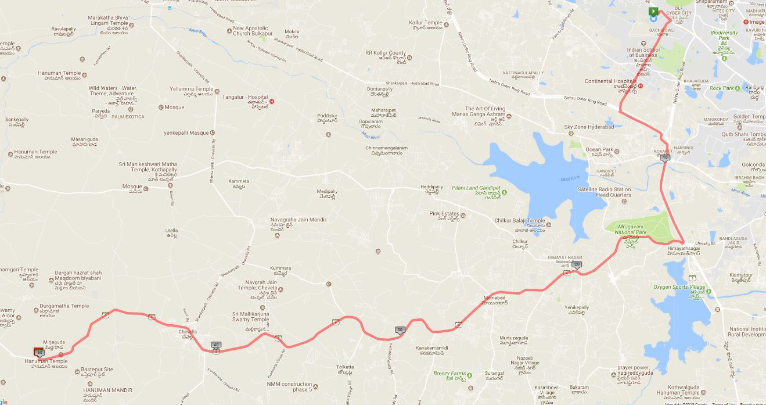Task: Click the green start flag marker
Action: pyautogui.click(x=653, y=11)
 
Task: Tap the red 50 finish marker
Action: pyautogui.click(x=39, y=352)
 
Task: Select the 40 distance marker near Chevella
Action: pyautogui.click(x=216, y=345)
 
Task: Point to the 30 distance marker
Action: pyautogui.click(x=400, y=330)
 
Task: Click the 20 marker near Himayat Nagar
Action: pyautogui.click(x=576, y=264)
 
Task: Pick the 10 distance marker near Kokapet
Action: pyautogui.click(x=665, y=157)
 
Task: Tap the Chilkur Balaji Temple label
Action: pyautogui.click(x=520, y=221)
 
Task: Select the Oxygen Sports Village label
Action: pyautogui.click(x=679, y=287)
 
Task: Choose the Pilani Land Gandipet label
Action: pyautogui.click(x=476, y=188)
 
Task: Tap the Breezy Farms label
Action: pyautogui.click(x=449, y=374)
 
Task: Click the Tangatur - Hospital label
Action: pyautogui.click(x=245, y=97)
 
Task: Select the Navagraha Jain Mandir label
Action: pyautogui.click(x=298, y=220)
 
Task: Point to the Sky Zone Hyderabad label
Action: pyautogui.click(x=589, y=127)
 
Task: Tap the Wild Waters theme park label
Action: pyautogui.click(x=113, y=91)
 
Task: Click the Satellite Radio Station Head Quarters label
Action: pyautogui.click(x=604, y=192)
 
